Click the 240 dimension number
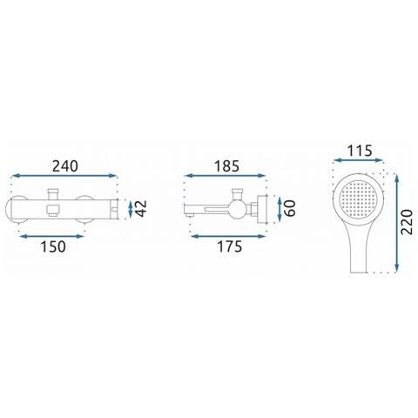[x=65, y=166]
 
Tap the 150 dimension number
[x=53, y=246]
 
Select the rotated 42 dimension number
[x=141, y=208]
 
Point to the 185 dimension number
[x=226, y=166]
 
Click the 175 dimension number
[x=229, y=246]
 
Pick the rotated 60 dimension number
[x=290, y=208]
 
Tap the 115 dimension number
[x=360, y=151]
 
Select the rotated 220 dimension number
[x=406, y=222]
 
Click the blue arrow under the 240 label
[x=64, y=175]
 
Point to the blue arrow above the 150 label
[x=51, y=236]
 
